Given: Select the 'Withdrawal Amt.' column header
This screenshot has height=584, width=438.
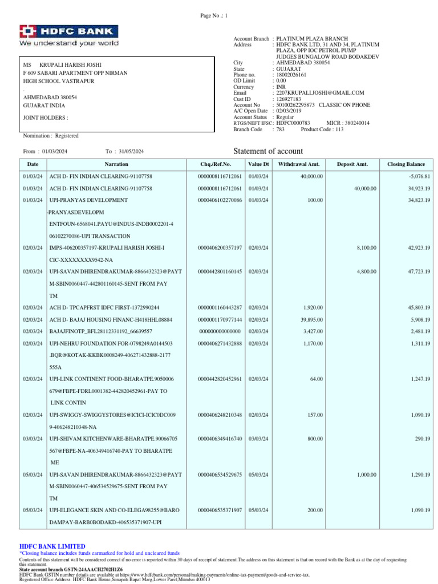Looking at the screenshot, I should tap(299, 164).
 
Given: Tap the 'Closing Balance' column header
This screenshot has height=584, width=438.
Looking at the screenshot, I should tap(406, 164).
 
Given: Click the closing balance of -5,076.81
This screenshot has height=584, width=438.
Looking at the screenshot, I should tap(419, 176).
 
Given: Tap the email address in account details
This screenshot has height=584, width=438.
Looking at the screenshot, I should tap(319, 92).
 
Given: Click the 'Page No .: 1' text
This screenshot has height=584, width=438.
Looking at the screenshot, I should tap(214, 15).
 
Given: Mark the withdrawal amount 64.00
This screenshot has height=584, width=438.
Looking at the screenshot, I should tap(315, 379).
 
